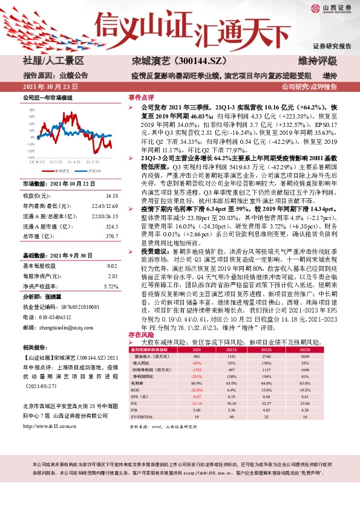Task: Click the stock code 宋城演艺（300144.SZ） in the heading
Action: (x=170, y=60)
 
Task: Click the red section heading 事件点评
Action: (x=139, y=97)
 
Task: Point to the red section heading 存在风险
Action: (x=139, y=334)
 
